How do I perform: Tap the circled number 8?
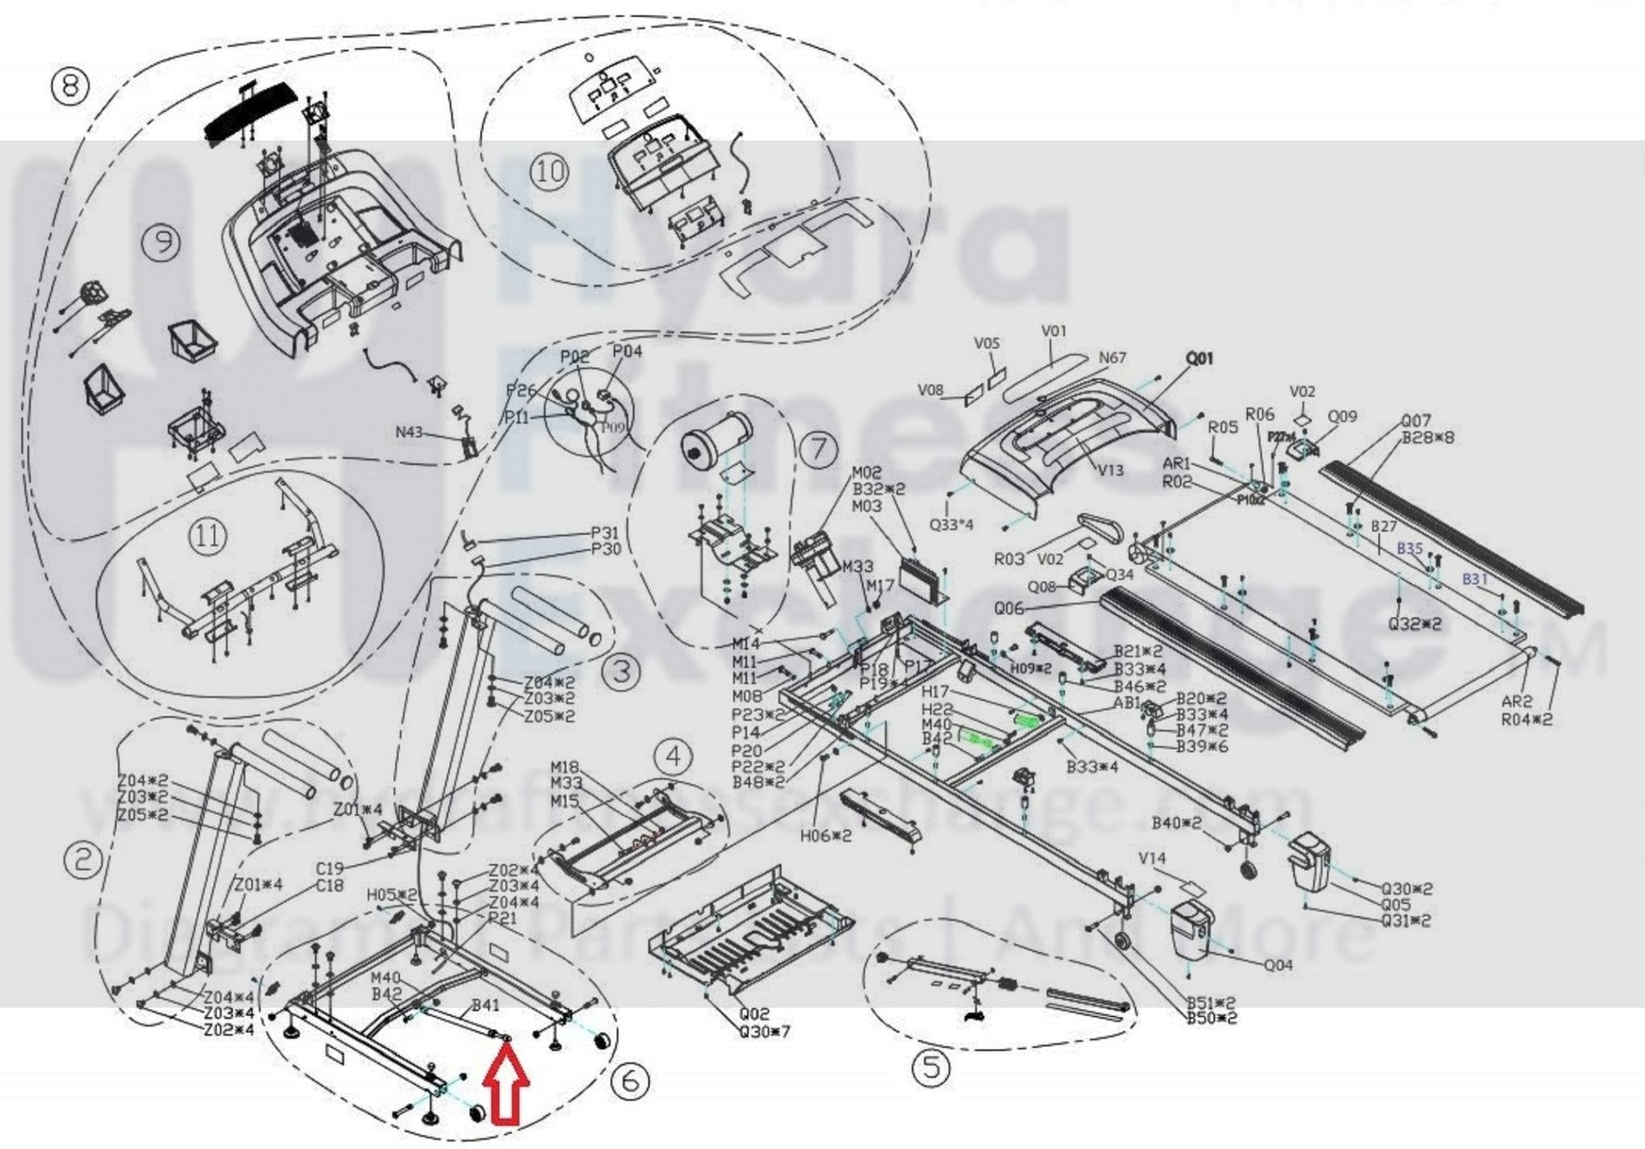(70, 85)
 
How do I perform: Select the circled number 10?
(550, 171)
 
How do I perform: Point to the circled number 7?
(818, 448)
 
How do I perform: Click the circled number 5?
(931, 1068)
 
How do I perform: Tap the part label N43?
(409, 432)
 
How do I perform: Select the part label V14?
(1152, 858)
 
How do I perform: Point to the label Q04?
(1278, 965)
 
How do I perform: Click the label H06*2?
(825, 836)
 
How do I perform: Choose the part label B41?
(485, 1004)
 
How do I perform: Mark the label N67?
(1112, 358)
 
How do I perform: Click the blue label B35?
(1410, 549)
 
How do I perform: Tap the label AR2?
(1516, 701)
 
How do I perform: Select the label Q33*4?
(951, 525)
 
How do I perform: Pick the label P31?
(605, 533)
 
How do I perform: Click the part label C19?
(329, 868)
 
